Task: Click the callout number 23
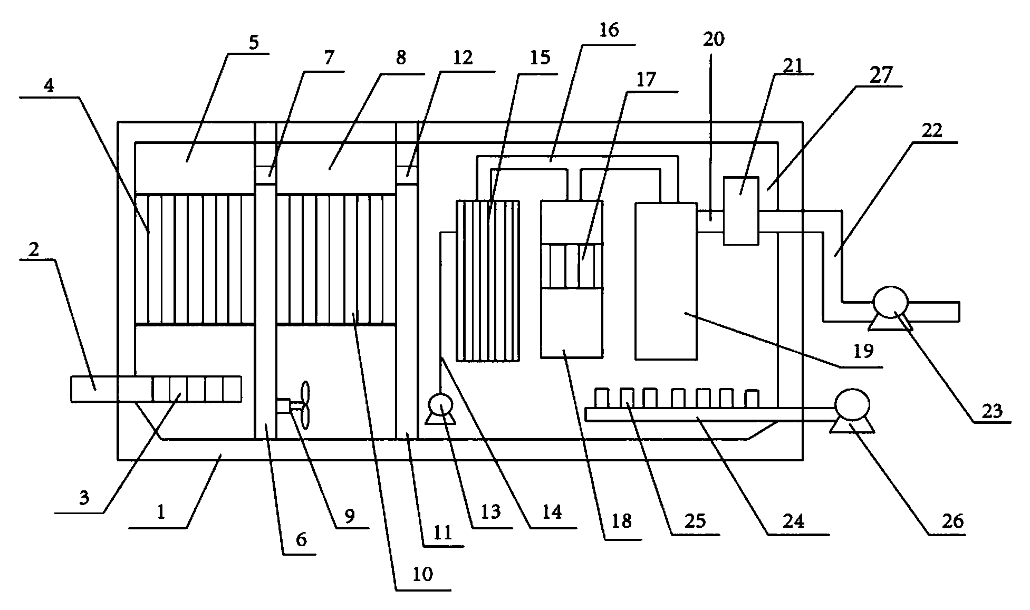[992, 411]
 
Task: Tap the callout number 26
[951, 521]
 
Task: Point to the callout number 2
[34, 249]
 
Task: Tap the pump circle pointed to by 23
[890, 303]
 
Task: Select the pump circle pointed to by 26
[852, 405]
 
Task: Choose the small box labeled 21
[741, 211]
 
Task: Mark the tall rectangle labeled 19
[666, 280]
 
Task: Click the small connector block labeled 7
[266, 172]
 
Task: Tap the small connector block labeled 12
[407, 172]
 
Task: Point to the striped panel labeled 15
[488, 280]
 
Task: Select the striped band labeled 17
[572, 266]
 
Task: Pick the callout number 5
[254, 42]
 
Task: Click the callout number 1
[161, 511]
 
